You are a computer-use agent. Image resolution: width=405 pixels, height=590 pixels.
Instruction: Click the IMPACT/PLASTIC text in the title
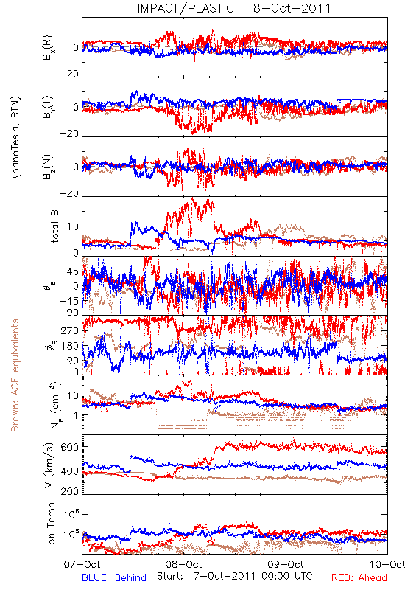[186, 8]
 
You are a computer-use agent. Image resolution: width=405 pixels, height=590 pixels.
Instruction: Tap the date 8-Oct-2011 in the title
[292, 8]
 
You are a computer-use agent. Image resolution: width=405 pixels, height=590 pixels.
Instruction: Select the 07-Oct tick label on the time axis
[82, 565]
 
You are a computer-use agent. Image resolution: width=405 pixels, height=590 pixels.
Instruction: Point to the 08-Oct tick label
[184, 565]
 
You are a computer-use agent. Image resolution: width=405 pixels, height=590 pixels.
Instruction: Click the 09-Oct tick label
[286, 565]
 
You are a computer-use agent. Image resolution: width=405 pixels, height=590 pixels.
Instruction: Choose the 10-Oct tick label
[387, 565]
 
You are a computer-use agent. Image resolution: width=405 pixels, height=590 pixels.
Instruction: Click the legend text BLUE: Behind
[114, 577]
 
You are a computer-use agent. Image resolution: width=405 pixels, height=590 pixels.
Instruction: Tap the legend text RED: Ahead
[359, 577]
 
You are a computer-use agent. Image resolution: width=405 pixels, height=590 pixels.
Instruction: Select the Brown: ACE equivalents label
[15, 375]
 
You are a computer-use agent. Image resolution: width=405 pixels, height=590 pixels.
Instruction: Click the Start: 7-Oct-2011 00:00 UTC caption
[234, 576]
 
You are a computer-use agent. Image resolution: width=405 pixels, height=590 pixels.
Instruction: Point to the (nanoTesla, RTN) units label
[15, 136]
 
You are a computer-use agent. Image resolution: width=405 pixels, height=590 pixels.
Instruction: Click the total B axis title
[54, 226]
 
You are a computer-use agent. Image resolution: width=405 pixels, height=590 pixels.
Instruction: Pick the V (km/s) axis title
[49, 465]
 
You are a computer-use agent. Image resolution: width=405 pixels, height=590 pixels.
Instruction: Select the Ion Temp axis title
[51, 524]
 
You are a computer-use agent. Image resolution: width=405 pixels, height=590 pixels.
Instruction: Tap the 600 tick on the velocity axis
[70, 447]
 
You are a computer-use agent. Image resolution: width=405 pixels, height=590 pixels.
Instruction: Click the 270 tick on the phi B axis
[70, 330]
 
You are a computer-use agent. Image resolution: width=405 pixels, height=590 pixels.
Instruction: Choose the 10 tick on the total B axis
[73, 226]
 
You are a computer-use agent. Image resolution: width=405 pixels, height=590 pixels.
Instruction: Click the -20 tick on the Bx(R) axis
[68, 74]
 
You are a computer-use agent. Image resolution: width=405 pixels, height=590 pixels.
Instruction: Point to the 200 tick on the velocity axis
[70, 491]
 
